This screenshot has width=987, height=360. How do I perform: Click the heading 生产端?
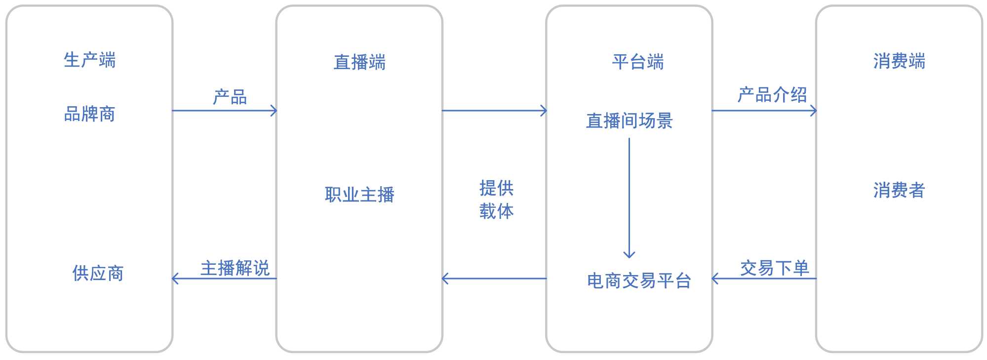tap(89, 60)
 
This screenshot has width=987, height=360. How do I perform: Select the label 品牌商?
tap(89, 114)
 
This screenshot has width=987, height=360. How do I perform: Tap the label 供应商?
tap(98, 273)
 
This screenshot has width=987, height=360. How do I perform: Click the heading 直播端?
tap(359, 63)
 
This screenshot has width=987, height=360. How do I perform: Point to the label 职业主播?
tap(359, 195)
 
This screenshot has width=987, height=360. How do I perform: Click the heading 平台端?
tap(638, 62)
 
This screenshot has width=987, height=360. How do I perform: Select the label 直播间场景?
tap(629, 121)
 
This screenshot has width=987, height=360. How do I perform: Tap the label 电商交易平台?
tap(638, 281)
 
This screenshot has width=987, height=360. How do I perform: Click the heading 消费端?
tap(899, 61)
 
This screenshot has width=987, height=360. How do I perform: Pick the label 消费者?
tap(899, 190)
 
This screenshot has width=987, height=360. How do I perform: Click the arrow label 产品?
tap(230, 97)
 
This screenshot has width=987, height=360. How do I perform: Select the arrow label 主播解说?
tap(235, 268)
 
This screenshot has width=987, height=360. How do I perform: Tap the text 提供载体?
tap(496, 200)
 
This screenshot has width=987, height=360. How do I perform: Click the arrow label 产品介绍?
tap(772, 94)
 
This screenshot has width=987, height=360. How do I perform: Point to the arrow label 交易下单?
tap(774, 268)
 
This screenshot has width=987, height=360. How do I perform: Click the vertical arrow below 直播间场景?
tap(629, 198)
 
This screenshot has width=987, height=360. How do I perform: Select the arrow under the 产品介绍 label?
tap(764, 111)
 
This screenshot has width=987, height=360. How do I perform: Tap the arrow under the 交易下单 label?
tap(764, 279)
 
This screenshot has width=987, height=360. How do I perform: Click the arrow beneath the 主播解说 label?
tap(224, 279)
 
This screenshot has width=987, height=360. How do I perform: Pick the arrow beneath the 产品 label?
tap(224, 111)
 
